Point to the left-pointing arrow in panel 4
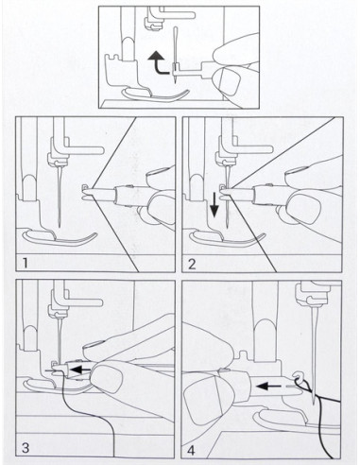[x=267, y=386]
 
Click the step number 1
[x=26, y=263]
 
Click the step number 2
[x=192, y=264]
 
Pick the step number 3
[x=26, y=448]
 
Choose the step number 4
[x=191, y=451]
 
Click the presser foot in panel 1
[x=60, y=238]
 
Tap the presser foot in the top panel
[x=155, y=95]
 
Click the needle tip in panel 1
[x=60, y=226]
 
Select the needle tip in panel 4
[x=315, y=404]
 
